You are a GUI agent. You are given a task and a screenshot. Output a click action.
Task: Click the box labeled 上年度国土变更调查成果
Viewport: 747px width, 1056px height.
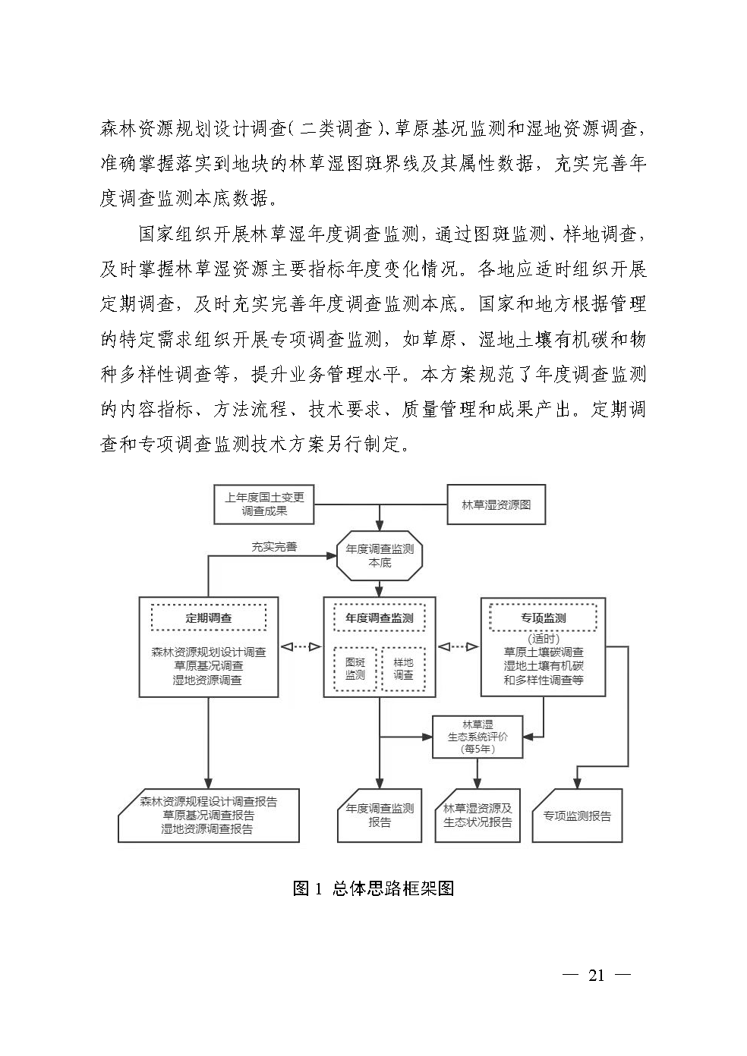(263, 504)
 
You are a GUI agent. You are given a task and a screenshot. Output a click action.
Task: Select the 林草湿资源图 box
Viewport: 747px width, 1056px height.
(496, 504)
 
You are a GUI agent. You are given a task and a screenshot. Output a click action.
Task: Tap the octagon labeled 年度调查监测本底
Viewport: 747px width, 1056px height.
(380, 556)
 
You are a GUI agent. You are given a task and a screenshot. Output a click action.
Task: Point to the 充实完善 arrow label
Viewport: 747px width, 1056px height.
(274, 547)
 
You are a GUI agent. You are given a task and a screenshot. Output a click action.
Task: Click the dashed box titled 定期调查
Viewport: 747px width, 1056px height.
(209, 618)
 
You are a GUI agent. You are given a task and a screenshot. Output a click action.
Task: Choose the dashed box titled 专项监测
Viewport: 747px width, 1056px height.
(543, 618)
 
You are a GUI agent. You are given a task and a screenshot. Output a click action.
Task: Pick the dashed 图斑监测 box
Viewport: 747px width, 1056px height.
(355, 669)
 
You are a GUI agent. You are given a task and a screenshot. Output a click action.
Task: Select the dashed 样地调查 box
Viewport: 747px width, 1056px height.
(403, 669)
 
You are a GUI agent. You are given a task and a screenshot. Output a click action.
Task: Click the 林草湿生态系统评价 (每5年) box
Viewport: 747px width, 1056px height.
(478, 737)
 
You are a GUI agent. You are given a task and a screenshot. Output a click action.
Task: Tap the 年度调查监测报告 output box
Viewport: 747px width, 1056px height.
(380, 815)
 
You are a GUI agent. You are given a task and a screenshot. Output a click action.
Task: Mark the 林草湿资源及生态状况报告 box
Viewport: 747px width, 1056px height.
(478, 815)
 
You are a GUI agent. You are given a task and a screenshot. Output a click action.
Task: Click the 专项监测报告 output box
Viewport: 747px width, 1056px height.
(577, 815)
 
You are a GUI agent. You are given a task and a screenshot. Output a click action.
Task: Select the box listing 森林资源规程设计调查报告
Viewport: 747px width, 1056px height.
(209, 815)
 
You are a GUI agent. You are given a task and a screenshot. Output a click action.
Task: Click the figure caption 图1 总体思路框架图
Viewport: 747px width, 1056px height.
(373, 888)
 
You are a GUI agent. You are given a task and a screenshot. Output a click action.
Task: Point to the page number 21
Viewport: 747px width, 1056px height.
(597, 976)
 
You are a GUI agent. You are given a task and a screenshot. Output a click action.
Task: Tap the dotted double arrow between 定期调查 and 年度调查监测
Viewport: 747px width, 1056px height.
(301, 647)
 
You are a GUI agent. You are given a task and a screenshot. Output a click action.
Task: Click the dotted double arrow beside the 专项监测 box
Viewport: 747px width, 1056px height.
(458, 647)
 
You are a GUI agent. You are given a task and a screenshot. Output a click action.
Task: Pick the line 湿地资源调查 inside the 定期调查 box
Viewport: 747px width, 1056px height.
(207, 680)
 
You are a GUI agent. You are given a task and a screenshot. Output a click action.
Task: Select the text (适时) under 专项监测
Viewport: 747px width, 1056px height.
(544, 639)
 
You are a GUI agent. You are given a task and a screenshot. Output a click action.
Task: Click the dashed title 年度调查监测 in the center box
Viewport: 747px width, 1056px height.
(380, 618)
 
